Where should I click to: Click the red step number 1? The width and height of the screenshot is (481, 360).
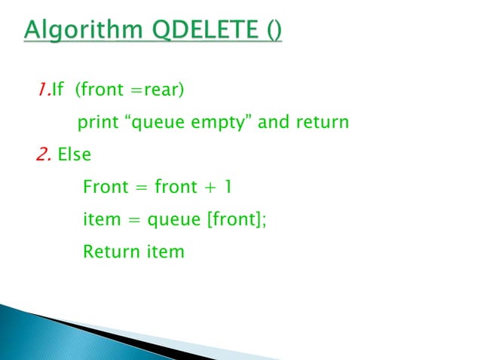[41, 91]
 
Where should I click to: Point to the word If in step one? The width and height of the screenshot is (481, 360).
[56, 91]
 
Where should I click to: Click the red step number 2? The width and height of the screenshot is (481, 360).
[43, 155]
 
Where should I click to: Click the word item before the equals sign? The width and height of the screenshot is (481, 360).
[100, 219]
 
